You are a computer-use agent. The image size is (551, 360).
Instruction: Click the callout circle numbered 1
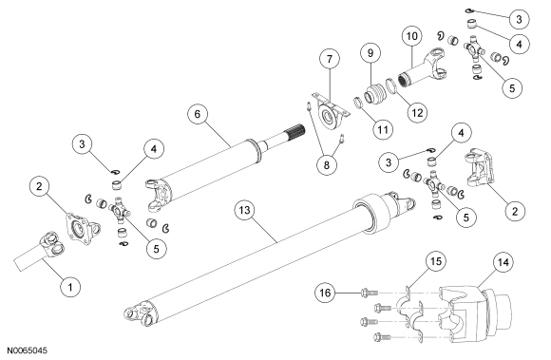[x=70, y=287]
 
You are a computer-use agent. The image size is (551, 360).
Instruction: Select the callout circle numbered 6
[x=198, y=114]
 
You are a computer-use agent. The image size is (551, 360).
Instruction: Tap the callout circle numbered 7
[x=330, y=59]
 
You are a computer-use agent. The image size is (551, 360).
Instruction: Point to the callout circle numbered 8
[x=327, y=164]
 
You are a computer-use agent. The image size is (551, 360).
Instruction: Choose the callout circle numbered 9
[x=370, y=52]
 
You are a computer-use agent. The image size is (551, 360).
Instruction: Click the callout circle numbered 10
[x=412, y=36]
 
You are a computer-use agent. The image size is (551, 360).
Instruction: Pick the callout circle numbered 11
[x=383, y=129]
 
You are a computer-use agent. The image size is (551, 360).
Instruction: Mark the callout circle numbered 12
[x=417, y=112]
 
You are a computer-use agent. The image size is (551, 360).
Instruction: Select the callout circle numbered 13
[x=244, y=210]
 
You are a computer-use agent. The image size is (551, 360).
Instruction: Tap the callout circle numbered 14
[x=503, y=262]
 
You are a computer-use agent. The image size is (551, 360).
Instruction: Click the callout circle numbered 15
[x=436, y=261]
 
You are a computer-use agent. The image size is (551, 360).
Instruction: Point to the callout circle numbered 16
[x=326, y=293]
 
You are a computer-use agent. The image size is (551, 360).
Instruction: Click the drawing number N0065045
[x=27, y=351]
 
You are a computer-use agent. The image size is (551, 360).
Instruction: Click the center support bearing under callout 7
[x=329, y=113]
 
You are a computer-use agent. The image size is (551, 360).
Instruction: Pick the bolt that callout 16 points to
[x=369, y=292]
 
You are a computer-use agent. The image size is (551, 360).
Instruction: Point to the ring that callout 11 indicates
[x=358, y=103]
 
